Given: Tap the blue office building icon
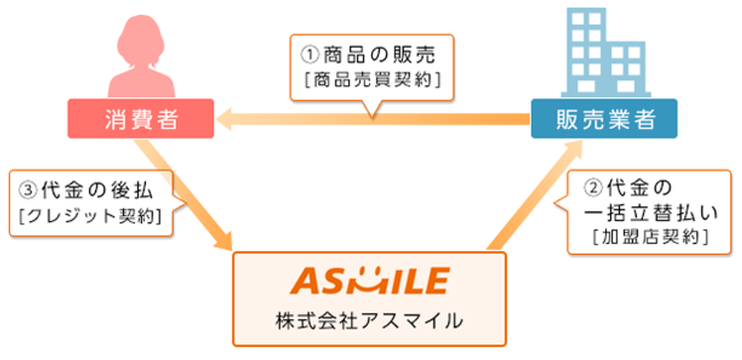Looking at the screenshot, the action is tap(606, 53).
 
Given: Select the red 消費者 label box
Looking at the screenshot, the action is tap(141, 118).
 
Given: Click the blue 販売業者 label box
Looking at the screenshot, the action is tap(604, 118).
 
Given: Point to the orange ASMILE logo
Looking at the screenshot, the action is tap(369, 280).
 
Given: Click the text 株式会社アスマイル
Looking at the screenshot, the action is tap(369, 321).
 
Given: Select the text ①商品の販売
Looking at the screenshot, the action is tap(368, 56).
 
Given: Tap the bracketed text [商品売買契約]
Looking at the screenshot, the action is tap(373, 80).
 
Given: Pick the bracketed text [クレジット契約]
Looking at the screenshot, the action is tap(90, 216).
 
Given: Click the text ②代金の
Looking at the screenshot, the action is tap(628, 188).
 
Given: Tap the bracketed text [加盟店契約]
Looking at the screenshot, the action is tap(650, 237).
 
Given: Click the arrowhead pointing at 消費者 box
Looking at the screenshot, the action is tap(226, 119).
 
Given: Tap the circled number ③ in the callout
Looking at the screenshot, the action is tap(26, 192).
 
